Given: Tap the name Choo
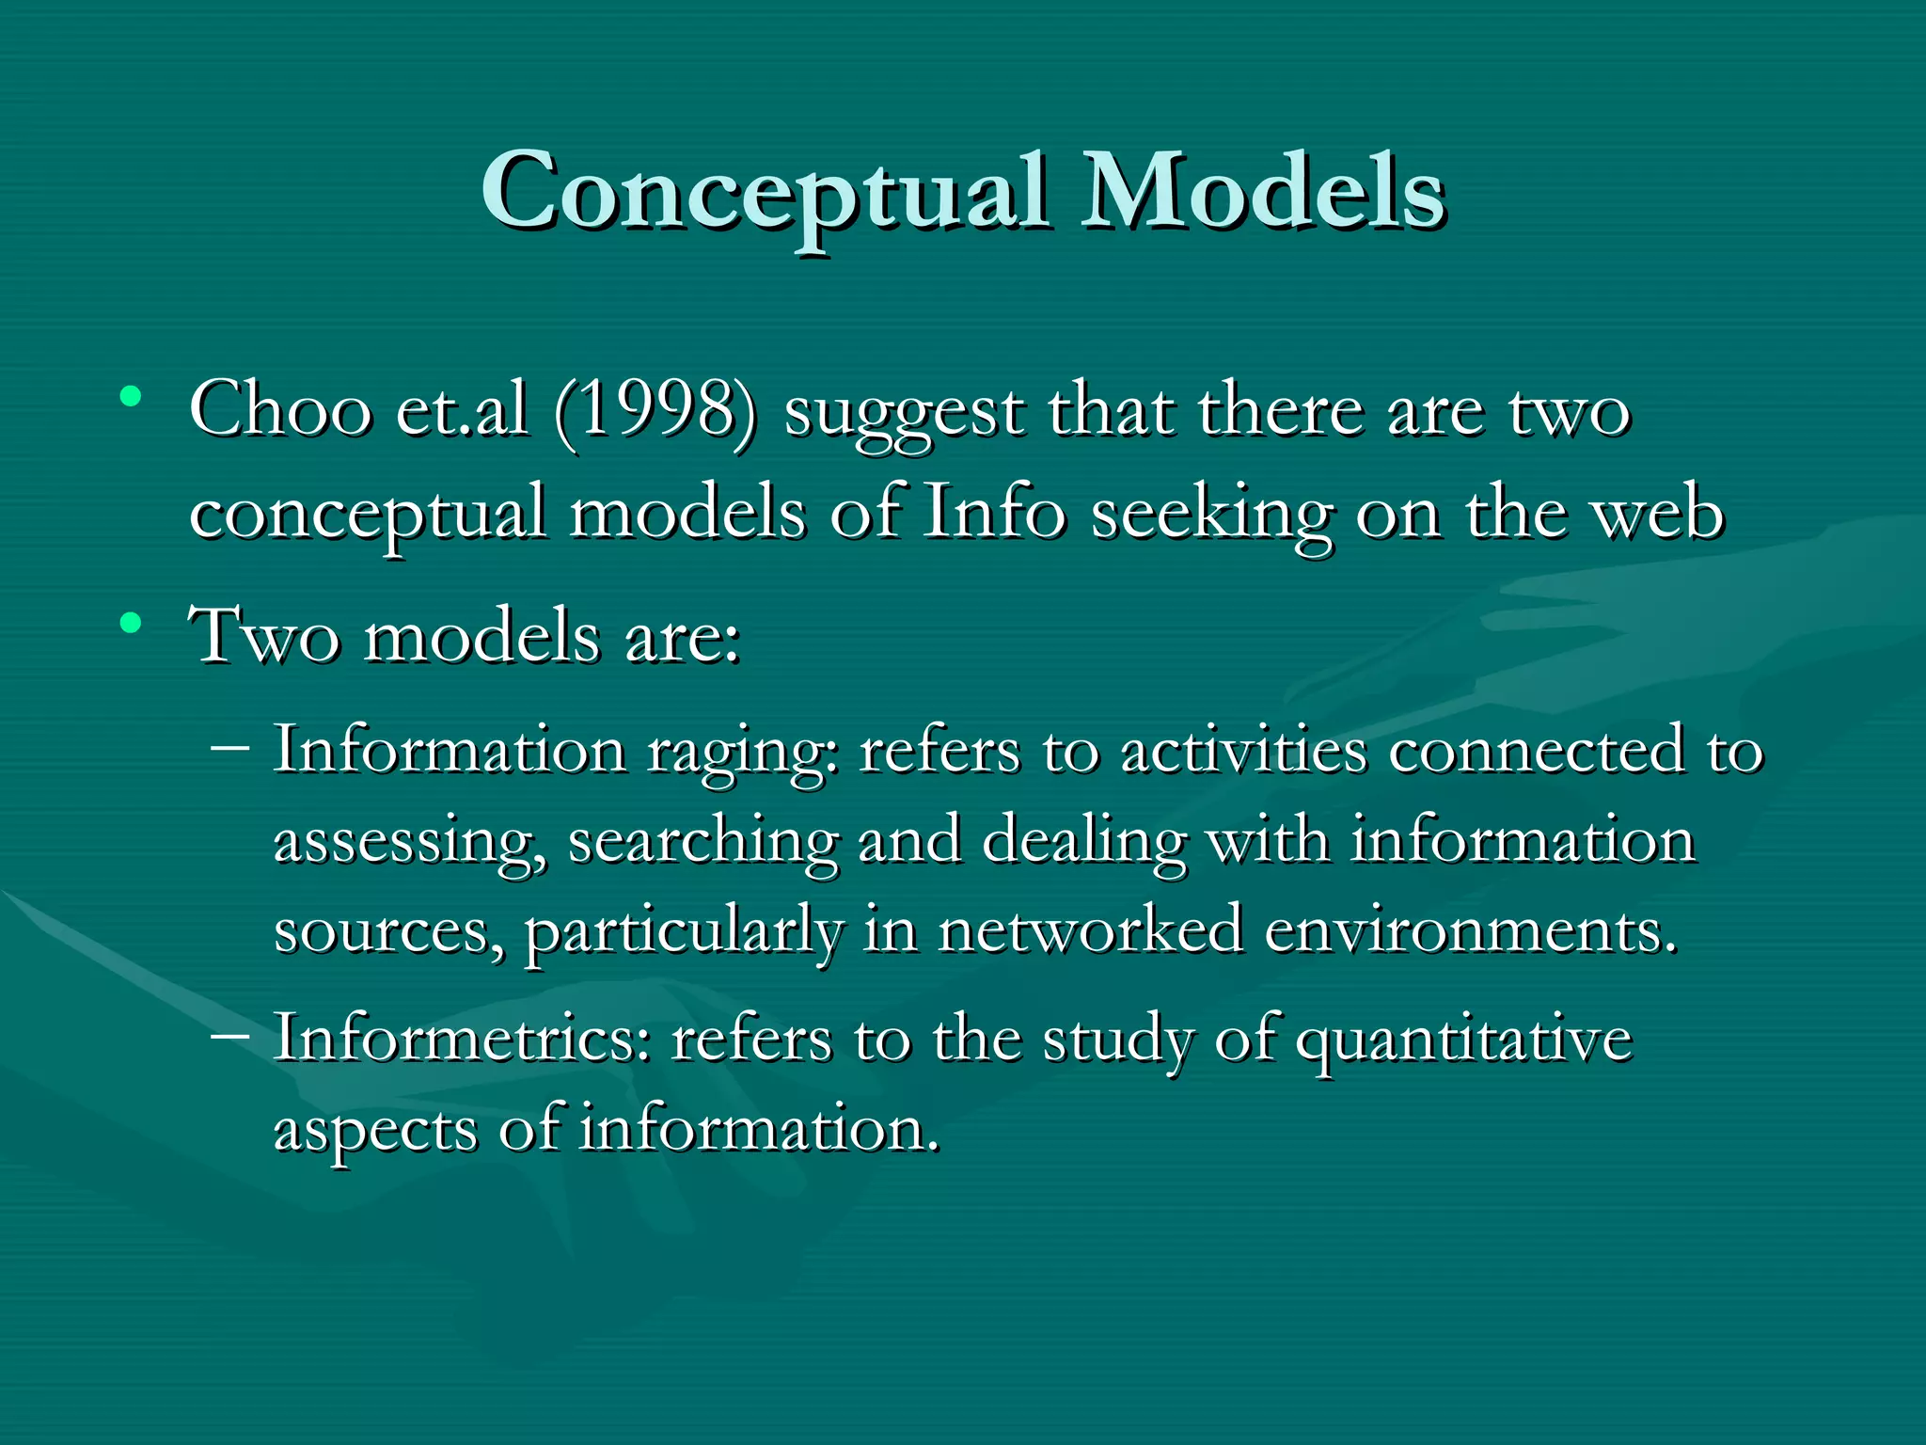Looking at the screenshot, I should pos(280,410).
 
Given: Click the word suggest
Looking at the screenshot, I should pos(903,414).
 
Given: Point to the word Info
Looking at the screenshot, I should pos(994,513).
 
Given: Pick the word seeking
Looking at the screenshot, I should pos(1211,516).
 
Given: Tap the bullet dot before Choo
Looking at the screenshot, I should pos(131,396).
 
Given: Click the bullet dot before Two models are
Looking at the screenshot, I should pos(131,622).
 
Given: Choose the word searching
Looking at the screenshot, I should pos(703,843).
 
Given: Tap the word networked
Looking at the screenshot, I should pos(1090,930).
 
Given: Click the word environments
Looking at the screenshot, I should pos(1470,930).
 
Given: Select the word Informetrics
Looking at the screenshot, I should pos(462,1039).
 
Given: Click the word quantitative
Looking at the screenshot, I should pos(1464,1042).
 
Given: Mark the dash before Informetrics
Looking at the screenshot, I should pos(230,1036).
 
